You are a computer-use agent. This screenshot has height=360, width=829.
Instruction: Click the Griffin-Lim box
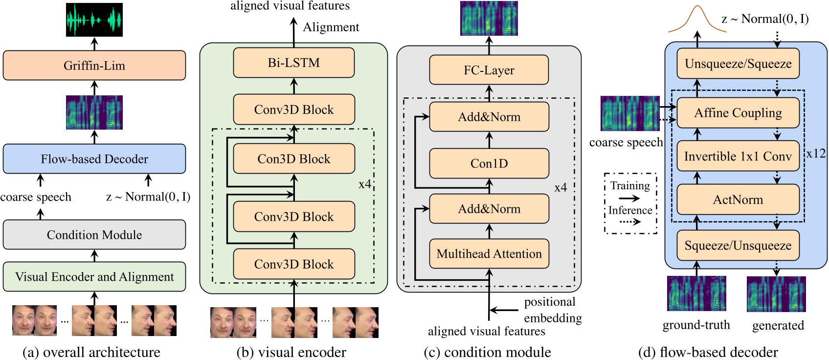(x=94, y=66)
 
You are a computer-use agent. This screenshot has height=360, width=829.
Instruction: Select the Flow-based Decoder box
(x=94, y=159)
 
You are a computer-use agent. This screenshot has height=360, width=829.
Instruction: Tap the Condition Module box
(x=94, y=235)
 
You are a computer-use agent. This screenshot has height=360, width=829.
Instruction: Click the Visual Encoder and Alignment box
(x=94, y=277)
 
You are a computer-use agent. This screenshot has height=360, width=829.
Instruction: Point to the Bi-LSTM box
(x=294, y=63)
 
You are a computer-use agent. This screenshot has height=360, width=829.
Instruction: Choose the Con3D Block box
(x=294, y=159)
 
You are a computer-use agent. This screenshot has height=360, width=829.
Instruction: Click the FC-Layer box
(x=489, y=70)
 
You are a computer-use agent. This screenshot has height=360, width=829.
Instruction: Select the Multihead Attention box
(x=489, y=254)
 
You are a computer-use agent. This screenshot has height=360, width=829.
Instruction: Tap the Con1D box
(x=489, y=163)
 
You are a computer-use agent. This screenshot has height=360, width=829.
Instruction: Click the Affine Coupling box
(x=738, y=113)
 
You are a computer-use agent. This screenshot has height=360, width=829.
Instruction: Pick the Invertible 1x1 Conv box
(x=738, y=157)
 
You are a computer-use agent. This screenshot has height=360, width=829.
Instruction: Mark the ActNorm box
(x=738, y=200)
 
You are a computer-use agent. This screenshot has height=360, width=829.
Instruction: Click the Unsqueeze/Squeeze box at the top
(x=738, y=64)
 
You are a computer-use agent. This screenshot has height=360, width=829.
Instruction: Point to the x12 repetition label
(x=816, y=154)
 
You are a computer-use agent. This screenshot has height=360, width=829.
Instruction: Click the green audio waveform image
(x=94, y=20)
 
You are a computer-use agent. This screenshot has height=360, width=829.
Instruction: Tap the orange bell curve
(x=697, y=20)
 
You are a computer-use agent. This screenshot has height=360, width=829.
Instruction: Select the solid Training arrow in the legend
(x=629, y=198)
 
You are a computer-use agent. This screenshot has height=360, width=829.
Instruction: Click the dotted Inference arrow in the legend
(x=630, y=222)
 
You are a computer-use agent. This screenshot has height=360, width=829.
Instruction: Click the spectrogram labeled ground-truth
(x=696, y=293)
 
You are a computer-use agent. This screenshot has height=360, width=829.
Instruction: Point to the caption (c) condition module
(x=488, y=352)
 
